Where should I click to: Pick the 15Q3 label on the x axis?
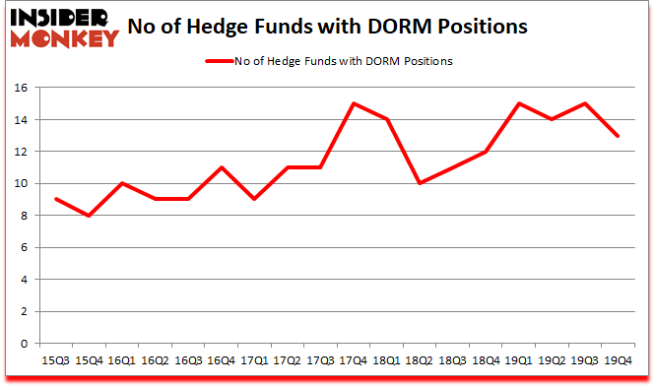tap(55, 360)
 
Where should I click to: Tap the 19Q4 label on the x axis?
tap(619, 360)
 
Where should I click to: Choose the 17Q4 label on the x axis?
tap(354, 360)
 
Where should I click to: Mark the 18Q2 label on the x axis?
tap(420, 360)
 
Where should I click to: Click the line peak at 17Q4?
tap(354, 103)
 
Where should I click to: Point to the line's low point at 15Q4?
tap(89, 216)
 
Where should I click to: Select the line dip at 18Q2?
tap(420, 183)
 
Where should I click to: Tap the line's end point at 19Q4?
tap(619, 136)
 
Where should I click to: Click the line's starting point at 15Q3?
tap(55, 199)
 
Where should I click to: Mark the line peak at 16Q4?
tap(221, 167)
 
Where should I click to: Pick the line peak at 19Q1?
tap(519, 103)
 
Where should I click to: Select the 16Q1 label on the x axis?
tap(121, 360)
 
